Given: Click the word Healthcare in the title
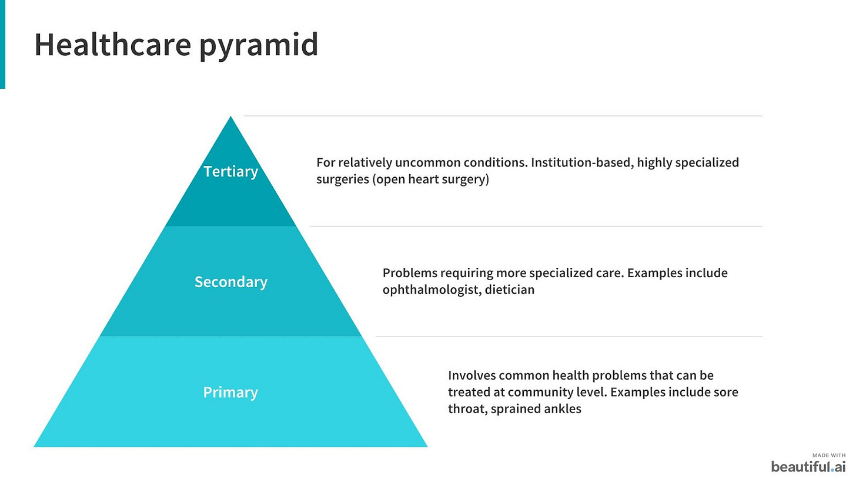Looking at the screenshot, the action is (x=113, y=44).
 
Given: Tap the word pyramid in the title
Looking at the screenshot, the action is (x=259, y=46).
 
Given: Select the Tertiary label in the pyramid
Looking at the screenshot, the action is (x=231, y=172).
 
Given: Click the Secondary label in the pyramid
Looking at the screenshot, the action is (x=231, y=282).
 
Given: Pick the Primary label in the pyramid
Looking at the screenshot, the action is (x=230, y=393).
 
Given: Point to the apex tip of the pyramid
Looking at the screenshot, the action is (x=230, y=117).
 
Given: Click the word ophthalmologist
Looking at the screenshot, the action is (x=431, y=290).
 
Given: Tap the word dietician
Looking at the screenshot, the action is (x=510, y=290).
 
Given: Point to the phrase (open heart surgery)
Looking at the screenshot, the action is (x=431, y=179).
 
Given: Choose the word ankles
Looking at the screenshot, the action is (x=563, y=408).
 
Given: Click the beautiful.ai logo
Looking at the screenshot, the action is (x=808, y=467).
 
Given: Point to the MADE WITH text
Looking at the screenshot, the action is (x=829, y=456).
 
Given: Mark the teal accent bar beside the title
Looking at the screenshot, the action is (x=3, y=44).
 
